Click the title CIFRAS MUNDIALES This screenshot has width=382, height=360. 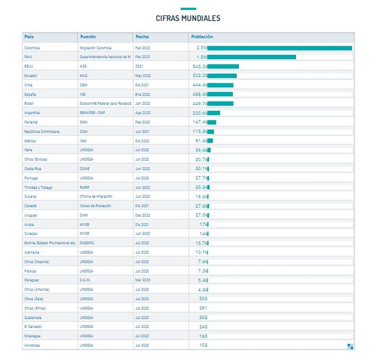point(188,18)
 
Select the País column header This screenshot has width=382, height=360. point(29,37)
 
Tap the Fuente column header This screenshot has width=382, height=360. point(88,37)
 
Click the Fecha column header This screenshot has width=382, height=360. point(142,37)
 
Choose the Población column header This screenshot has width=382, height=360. point(202,37)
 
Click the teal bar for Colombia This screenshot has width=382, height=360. point(280,48)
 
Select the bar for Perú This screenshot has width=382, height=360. point(251,57)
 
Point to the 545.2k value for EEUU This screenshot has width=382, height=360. point(199,66)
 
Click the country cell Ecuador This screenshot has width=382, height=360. point(31,76)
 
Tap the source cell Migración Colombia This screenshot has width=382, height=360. point(95,48)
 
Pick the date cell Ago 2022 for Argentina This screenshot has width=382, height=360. point(143,113)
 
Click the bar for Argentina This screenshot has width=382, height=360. point(214,113)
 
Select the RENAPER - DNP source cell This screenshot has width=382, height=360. point(93,113)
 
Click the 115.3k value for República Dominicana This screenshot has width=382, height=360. point(199,131)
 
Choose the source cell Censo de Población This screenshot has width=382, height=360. point(95,206)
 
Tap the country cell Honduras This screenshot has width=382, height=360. point(32,345)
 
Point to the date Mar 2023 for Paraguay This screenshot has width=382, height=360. point(143,280)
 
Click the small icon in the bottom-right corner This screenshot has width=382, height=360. point(350,346)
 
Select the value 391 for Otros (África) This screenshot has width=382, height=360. point(203,308)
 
